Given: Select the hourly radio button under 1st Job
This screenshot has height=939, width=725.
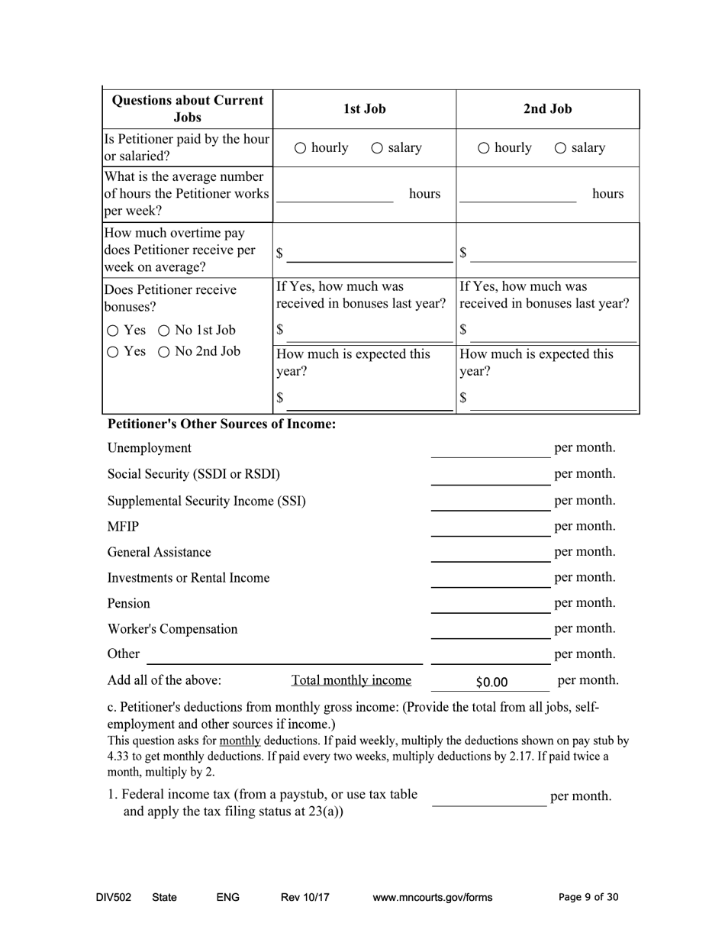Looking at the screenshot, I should [301, 148].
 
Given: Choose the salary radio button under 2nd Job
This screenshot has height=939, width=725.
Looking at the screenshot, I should [560, 148].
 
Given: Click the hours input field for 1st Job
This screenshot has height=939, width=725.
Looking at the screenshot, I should [334, 194].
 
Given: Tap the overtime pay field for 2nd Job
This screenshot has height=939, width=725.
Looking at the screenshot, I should [553, 253].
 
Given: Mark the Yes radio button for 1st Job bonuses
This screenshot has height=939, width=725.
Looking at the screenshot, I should [113, 331].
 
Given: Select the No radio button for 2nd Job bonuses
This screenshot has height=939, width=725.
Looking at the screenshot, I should [163, 352].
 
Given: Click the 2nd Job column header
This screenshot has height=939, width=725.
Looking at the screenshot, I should [547, 108].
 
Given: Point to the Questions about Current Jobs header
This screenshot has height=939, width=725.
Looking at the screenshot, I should [187, 108].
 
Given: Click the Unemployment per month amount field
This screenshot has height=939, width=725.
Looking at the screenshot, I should [489, 448].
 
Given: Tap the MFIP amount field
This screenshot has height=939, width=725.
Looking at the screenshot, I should [489, 527].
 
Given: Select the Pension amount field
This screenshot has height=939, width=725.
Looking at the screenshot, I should [489, 604].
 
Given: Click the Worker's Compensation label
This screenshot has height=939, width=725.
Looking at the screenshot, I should [172, 629].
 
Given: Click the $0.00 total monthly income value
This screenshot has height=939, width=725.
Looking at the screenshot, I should [491, 682].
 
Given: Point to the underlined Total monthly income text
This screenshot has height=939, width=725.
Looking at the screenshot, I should [351, 680].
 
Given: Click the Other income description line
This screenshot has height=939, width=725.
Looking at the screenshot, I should [284, 655].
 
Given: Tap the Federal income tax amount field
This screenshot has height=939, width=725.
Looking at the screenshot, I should [489, 796].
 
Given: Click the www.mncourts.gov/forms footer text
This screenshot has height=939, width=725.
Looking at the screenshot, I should [432, 897].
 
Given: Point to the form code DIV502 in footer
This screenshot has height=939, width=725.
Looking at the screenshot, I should [114, 897].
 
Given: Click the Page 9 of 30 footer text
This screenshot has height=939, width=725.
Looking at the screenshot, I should [588, 897].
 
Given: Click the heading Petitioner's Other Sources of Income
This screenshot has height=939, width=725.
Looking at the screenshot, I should [221, 424].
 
